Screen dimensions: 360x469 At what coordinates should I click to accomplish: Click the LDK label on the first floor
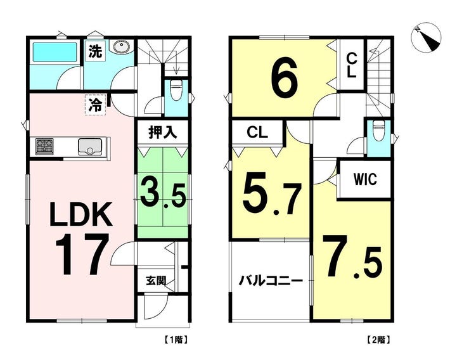[x=82, y=216]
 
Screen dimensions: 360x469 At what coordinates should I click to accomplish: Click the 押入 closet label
[x=162, y=133]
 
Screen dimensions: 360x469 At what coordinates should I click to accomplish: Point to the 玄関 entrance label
[x=157, y=280]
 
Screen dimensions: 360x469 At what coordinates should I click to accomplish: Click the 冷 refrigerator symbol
[x=94, y=102]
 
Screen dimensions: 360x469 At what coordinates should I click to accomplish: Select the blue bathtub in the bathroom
[x=53, y=51]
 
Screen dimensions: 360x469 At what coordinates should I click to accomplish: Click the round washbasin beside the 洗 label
[x=121, y=48]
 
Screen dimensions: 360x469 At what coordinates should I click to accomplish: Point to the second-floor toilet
[x=378, y=131]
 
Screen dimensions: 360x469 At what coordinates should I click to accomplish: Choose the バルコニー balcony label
[x=269, y=280]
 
